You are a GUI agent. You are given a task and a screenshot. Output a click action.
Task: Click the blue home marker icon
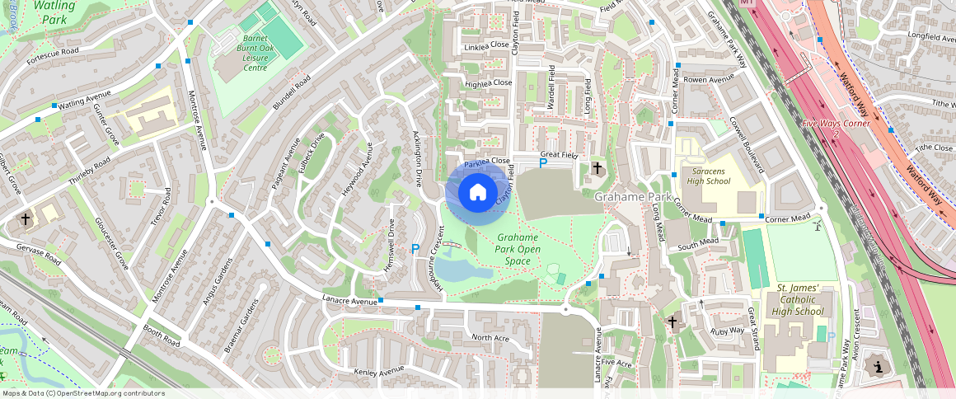pyautogui.click(x=477, y=193)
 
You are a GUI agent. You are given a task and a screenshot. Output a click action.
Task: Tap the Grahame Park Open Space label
pyautogui.click(x=518, y=249)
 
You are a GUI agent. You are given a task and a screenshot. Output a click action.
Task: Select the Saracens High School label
pyautogui.click(x=707, y=176)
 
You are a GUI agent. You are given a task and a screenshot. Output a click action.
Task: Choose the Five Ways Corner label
pyautogui.click(x=836, y=124)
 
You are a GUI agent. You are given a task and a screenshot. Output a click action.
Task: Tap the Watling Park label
pyautogui.click(x=56, y=12)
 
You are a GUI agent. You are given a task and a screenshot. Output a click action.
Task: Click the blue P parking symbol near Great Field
pyautogui.click(x=542, y=163)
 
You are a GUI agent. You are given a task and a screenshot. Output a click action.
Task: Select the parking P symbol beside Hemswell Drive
pyautogui.click(x=415, y=248)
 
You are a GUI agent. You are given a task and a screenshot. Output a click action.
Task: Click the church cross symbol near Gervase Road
pyautogui.click(x=26, y=220)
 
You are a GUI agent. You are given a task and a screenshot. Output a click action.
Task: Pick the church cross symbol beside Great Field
pyautogui.click(x=597, y=168)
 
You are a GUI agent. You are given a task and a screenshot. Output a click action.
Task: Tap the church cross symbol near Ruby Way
pyautogui.click(x=672, y=321)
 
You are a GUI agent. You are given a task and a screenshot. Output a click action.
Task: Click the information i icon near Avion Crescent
pyautogui.click(x=878, y=366)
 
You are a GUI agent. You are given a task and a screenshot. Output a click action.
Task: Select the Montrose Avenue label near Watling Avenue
pyautogui.click(x=198, y=120)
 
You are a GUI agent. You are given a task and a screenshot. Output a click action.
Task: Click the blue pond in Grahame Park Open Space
pyautogui.click(x=462, y=266)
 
